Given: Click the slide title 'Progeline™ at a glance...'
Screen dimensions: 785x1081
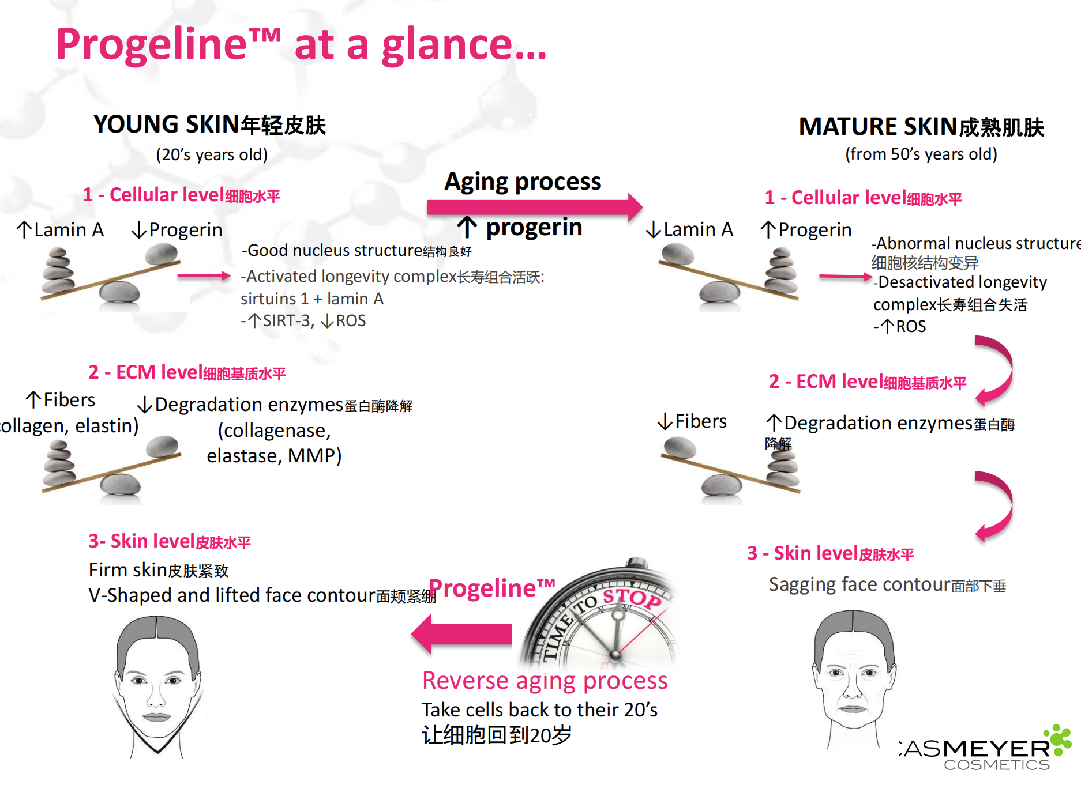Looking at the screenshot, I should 300,44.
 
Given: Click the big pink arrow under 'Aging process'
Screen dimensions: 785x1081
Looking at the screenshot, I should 534,206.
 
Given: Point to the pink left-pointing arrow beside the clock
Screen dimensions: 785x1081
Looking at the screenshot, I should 461,634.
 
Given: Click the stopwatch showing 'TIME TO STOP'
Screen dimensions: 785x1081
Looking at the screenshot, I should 606,620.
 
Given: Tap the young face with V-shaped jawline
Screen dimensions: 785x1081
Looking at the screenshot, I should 157,686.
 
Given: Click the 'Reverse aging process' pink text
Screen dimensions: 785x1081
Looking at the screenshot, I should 545,681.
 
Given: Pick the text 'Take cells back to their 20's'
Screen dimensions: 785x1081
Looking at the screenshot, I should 539,709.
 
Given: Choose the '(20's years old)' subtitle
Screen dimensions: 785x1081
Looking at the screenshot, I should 212,154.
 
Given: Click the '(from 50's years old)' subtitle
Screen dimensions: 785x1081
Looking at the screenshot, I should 921,154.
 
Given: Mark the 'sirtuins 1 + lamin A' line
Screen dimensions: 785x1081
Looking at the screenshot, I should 311,299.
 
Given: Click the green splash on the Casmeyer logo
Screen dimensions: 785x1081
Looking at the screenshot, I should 1060,739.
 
